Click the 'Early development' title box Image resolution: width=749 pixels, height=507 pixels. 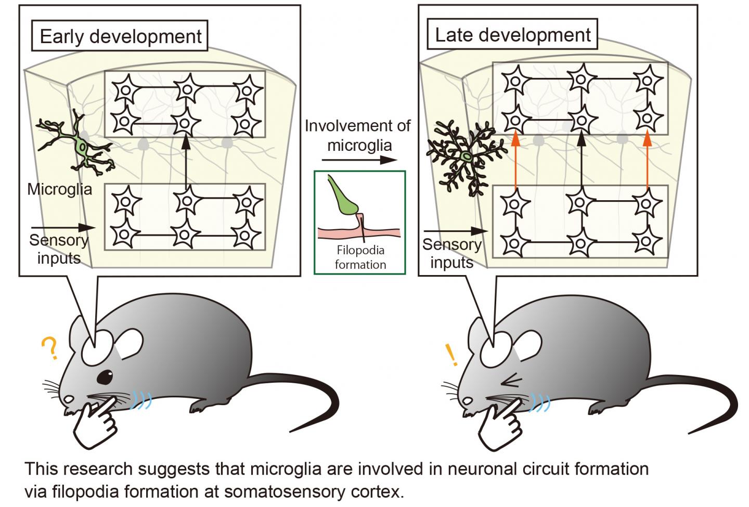click(x=120, y=36)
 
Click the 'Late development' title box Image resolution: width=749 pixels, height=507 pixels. click(x=512, y=34)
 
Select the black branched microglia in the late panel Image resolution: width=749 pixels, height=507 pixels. click(x=467, y=156)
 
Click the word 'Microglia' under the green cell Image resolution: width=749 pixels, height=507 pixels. click(x=59, y=189)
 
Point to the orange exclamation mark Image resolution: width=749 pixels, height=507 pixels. click(x=451, y=355)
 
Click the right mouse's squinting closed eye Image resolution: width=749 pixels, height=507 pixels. click(x=512, y=382)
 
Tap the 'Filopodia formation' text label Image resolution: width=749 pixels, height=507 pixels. click(x=360, y=257)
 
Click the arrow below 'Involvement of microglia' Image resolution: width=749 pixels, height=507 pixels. click(x=359, y=160)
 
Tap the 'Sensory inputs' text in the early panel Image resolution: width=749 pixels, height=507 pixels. click(x=58, y=249)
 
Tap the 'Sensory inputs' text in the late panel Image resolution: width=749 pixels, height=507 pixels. click(x=451, y=253)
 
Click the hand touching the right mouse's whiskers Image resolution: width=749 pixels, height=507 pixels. click(x=501, y=424)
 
